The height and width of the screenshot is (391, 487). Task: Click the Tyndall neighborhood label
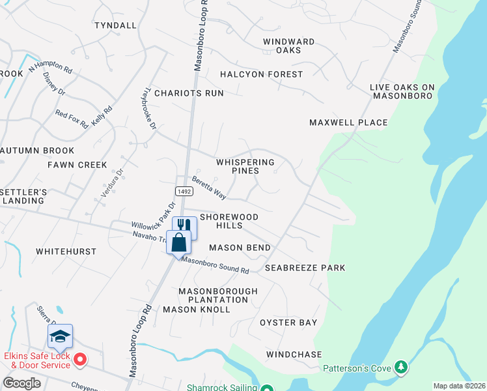click(x=115, y=25)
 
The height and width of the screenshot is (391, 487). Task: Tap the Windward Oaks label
click(x=288, y=46)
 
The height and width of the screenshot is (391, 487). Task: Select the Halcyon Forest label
click(x=261, y=74)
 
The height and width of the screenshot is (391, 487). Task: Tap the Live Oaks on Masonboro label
click(x=402, y=91)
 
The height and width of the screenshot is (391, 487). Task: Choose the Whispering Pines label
click(x=245, y=166)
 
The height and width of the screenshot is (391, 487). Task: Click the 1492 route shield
click(x=183, y=190)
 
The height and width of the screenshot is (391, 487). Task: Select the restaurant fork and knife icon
click(x=184, y=225)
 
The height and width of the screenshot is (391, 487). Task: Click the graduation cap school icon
click(x=60, y=336)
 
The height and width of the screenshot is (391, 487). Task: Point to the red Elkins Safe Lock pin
click(x=80, y=359)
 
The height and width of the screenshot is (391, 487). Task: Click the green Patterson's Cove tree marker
click(x=401, y=368)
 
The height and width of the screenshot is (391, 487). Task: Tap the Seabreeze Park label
click(x=305, y=268)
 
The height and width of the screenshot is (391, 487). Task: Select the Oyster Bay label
click(x=288, y=323)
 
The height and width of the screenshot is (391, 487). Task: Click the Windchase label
click(x=294, y=355)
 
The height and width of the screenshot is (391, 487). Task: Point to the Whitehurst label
click(x=66, y=252)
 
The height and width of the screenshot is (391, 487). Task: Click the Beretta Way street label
click(x=208, y=189)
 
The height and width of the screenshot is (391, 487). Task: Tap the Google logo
click(x=22, y=383)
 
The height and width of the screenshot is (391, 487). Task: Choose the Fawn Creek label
click(x=77, y=165)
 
